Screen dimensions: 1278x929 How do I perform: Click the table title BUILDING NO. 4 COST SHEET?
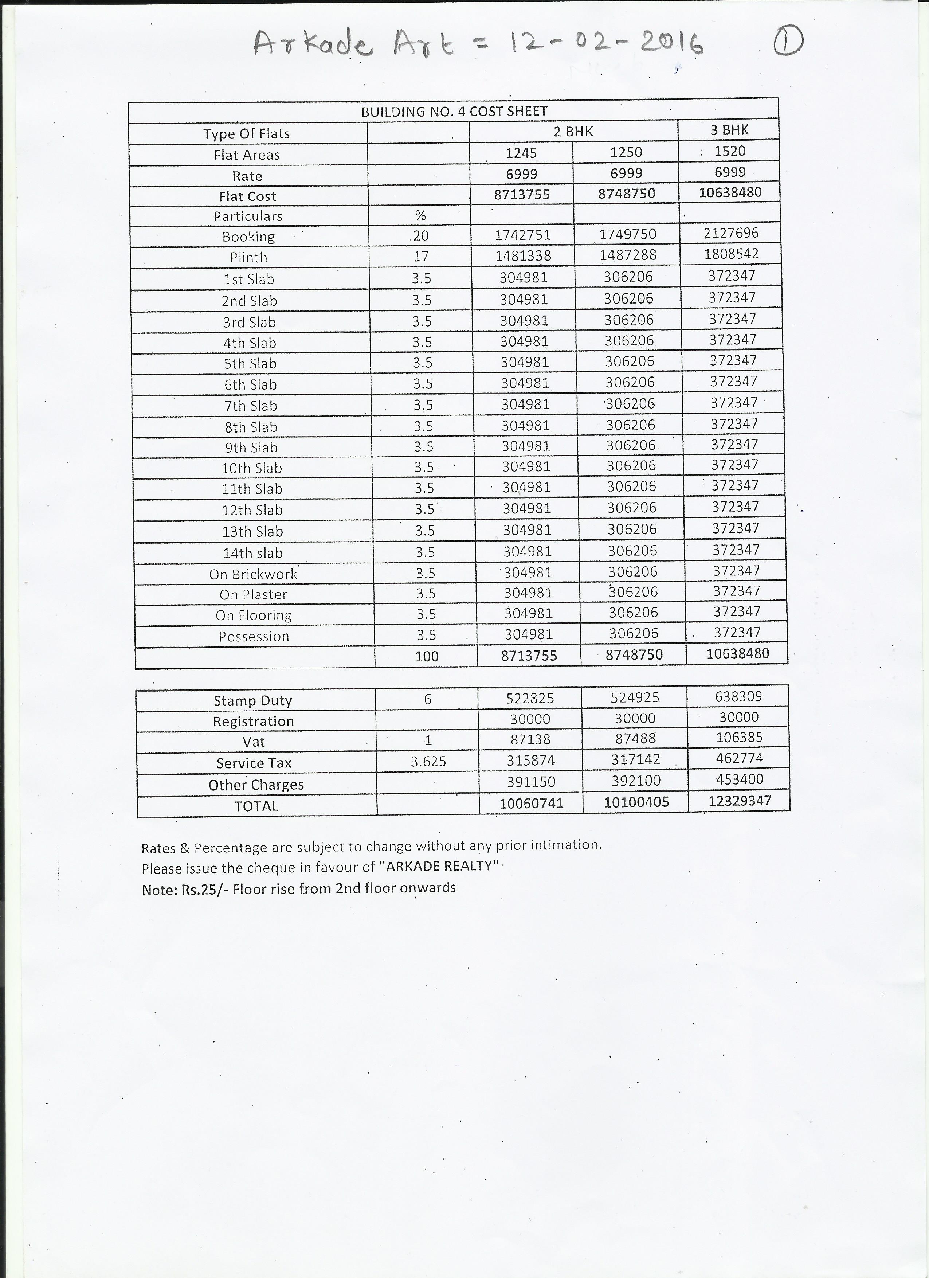tap(454, 112)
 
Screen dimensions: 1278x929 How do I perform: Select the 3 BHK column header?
tap(729, 130)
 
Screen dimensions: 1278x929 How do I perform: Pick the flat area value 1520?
tap(730, 151)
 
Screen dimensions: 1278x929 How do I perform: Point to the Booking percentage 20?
tap(420, 236)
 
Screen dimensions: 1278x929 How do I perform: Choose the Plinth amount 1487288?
tap(628, 255)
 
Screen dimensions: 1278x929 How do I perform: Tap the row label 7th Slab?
tap(251, 406)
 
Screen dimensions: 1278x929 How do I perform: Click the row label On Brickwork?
tap(253, 574)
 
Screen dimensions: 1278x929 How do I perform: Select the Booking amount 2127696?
tap(731, 233)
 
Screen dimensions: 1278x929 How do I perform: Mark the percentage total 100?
tap(427, 656)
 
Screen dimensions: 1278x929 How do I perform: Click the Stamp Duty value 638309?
tap(738, 696)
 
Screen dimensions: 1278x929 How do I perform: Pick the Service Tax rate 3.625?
tap(428, 762)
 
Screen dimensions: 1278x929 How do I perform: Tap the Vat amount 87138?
tap(530, 739)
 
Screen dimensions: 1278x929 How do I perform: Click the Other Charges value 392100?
tap(635, 781)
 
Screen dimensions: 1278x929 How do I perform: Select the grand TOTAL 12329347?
tap(739, 801)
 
